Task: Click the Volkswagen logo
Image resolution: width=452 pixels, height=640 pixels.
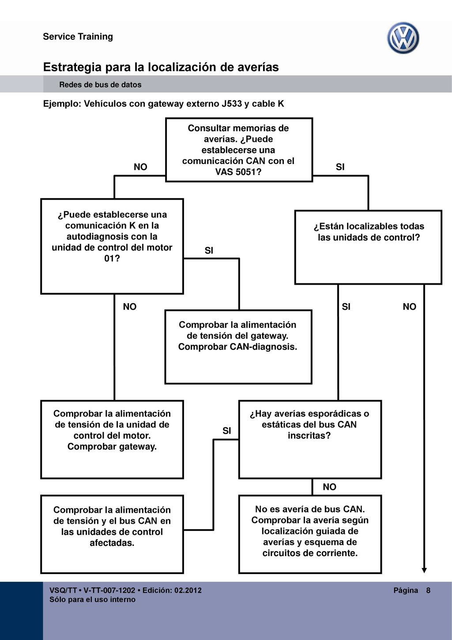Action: (x=403, y=38)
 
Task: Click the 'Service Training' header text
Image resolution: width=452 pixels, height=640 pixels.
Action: (x=78, y=37)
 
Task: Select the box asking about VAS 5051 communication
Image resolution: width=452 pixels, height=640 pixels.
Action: (x=239, y=150)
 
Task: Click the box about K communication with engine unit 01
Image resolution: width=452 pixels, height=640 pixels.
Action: (x=112, y=246)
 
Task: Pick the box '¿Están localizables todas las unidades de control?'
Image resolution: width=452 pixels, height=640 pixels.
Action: (x=368, y=248)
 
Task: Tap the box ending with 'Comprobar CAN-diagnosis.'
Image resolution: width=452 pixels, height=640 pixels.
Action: (x=238, y=347)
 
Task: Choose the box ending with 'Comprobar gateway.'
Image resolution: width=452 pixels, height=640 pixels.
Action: (x=112, y=439)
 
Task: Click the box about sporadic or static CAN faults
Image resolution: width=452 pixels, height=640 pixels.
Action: (x=310, y=439)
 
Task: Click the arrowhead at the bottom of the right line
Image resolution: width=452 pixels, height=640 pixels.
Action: (x=424, y=571)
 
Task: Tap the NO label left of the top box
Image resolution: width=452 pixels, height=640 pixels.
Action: (x=140, y=167)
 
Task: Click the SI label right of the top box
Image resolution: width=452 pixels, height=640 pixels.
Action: (x=340, y=167)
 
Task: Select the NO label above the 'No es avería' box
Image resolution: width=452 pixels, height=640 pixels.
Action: (x=329, y=487)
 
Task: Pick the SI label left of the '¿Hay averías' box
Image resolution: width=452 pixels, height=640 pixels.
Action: (x=226, y=431)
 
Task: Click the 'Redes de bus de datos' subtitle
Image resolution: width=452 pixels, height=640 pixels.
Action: (x=100, y=84)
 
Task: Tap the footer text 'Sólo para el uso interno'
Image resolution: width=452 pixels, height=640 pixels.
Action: (x=92, y=599)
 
